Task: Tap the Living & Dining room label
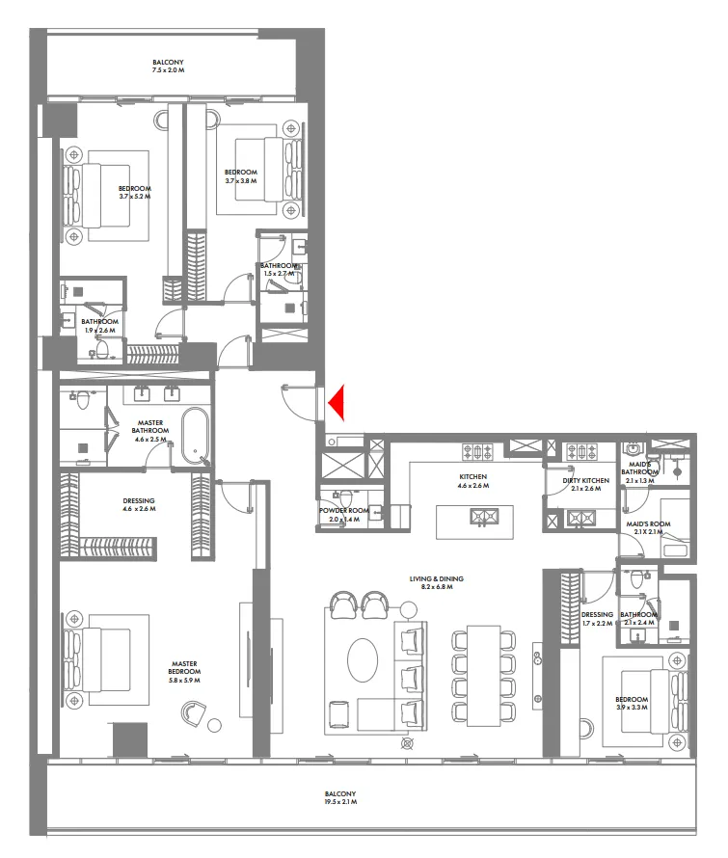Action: [436, 582]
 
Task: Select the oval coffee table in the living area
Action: [364, 661]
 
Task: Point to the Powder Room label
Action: [343, 515]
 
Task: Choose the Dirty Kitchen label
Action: [585, 484]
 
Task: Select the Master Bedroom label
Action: [184, 667]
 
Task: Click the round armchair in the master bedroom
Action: [193, 714]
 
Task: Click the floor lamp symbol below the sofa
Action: [406, 743]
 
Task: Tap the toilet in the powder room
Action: [375, 513]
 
